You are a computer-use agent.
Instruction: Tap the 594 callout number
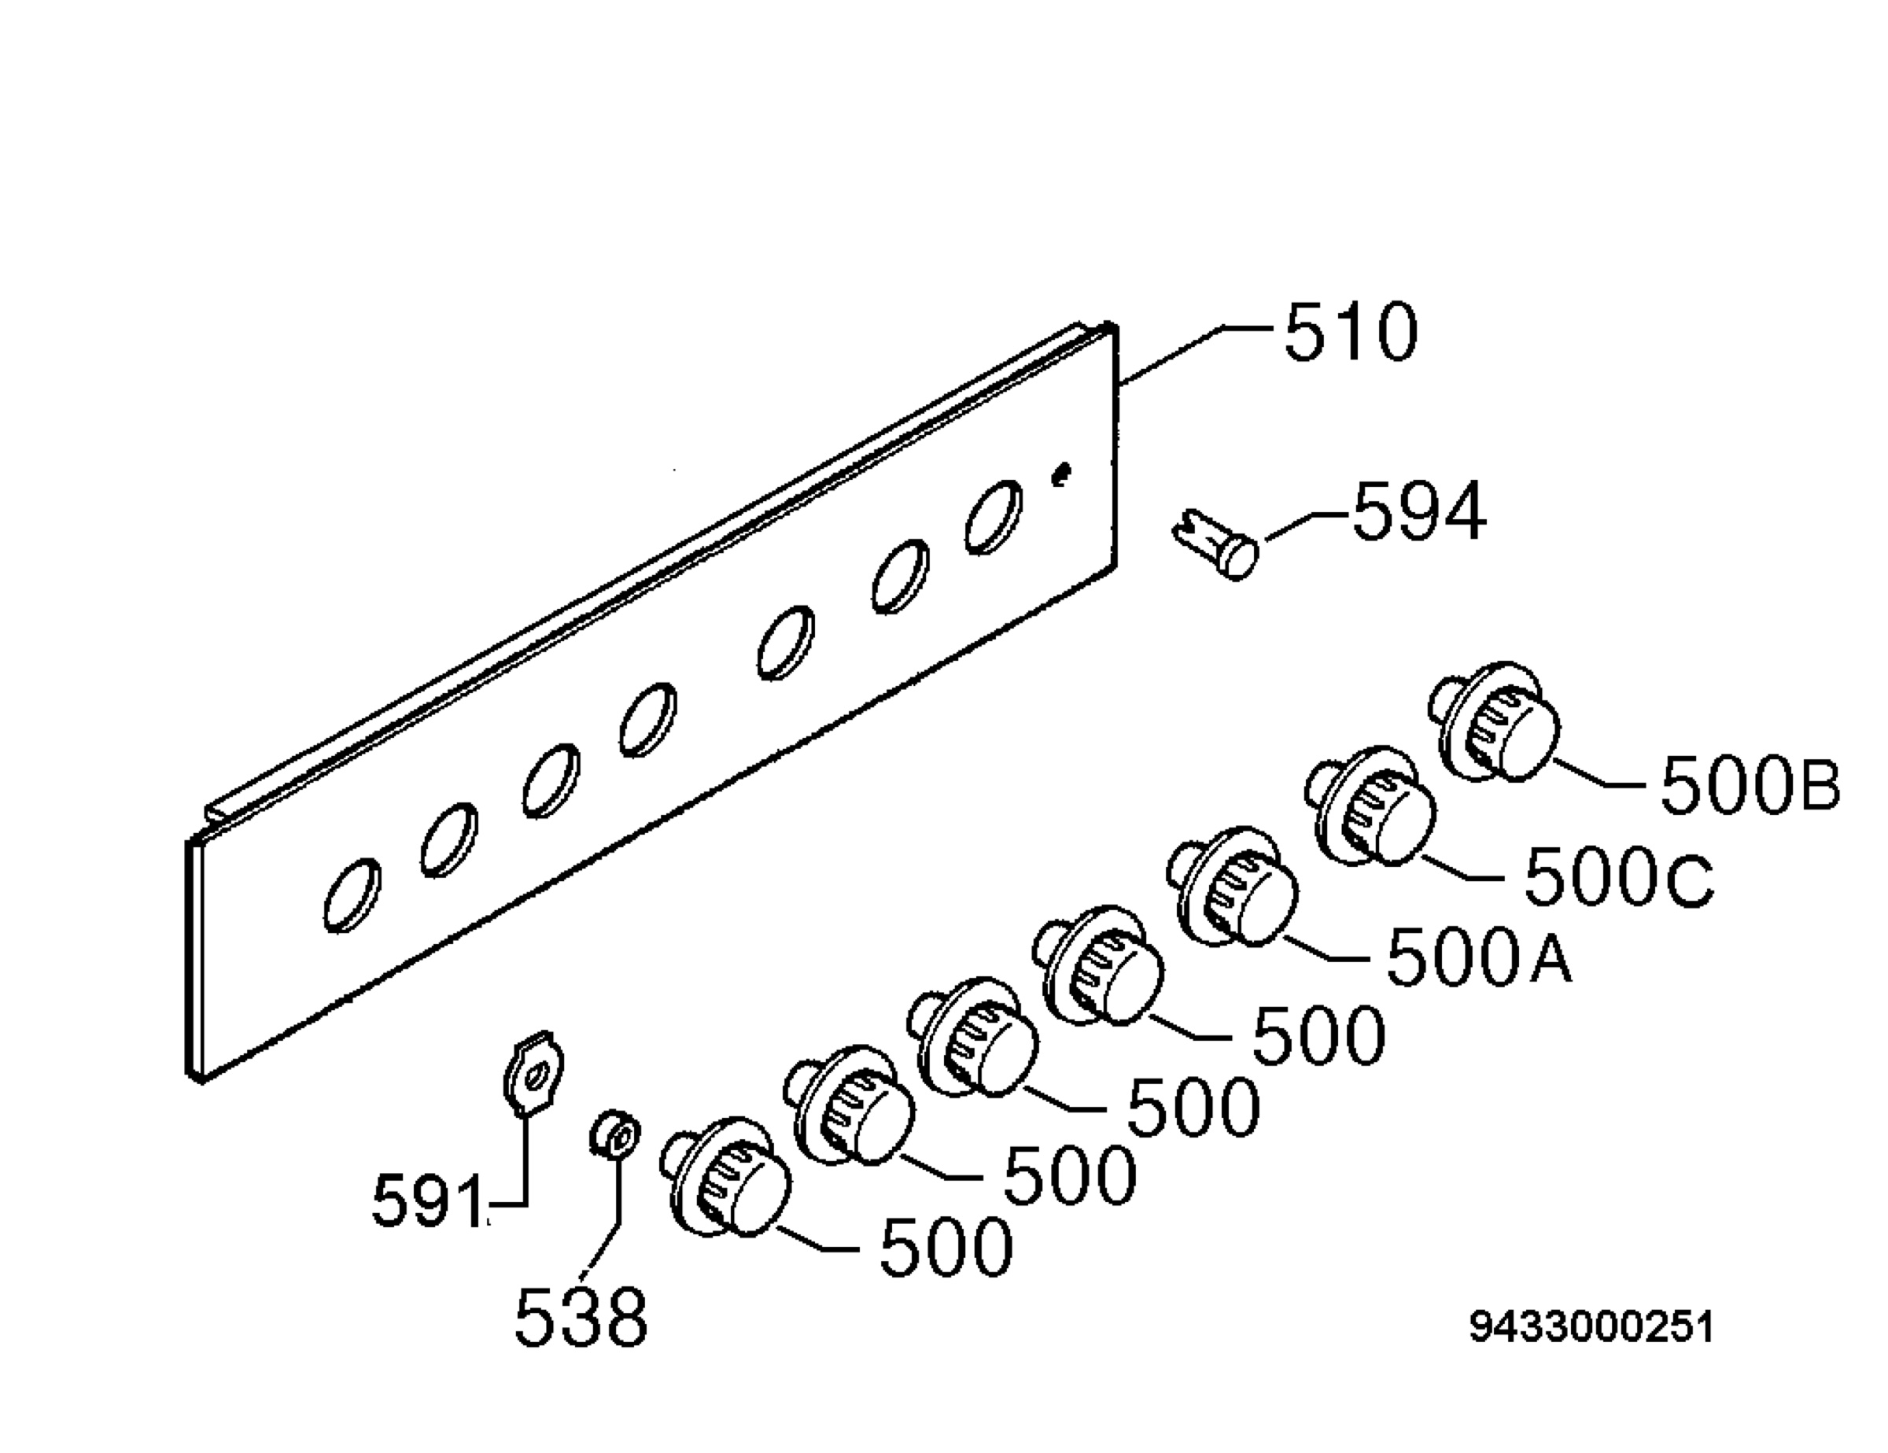coord(1419,513)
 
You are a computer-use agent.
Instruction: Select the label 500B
coord(1750,784)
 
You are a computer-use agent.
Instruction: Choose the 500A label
coord(1479,957)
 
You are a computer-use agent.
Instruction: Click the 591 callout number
coord(429,1201)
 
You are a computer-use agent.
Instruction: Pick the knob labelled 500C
coord(1370,806)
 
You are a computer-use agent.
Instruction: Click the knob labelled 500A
coord(1233,887)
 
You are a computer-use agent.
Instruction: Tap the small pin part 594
coord(1215,542)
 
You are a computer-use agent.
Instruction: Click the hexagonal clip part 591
coord(533,1074)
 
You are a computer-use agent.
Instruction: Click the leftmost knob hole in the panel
coord(352,895)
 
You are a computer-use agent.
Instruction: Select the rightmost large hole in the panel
coord(994,517)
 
